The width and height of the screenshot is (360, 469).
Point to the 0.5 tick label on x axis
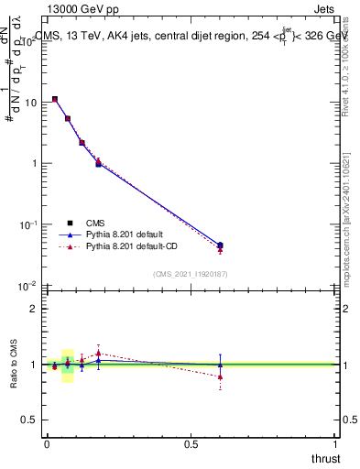coord(191,444)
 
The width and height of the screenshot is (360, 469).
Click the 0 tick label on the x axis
coord(47,444)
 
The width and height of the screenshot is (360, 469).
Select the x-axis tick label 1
coord(336,444)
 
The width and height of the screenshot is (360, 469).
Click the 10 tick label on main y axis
coord(29,103)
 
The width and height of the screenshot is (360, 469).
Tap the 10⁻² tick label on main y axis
coord(27,285)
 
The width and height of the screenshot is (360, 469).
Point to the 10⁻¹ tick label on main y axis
coord(27,224)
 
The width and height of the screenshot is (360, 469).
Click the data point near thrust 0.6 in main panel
coord(220,245)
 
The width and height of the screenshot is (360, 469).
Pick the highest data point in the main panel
coord(55,99)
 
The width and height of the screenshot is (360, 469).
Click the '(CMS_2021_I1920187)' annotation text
coord(190,273)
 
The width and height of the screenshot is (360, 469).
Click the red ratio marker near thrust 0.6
coord(220,376)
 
